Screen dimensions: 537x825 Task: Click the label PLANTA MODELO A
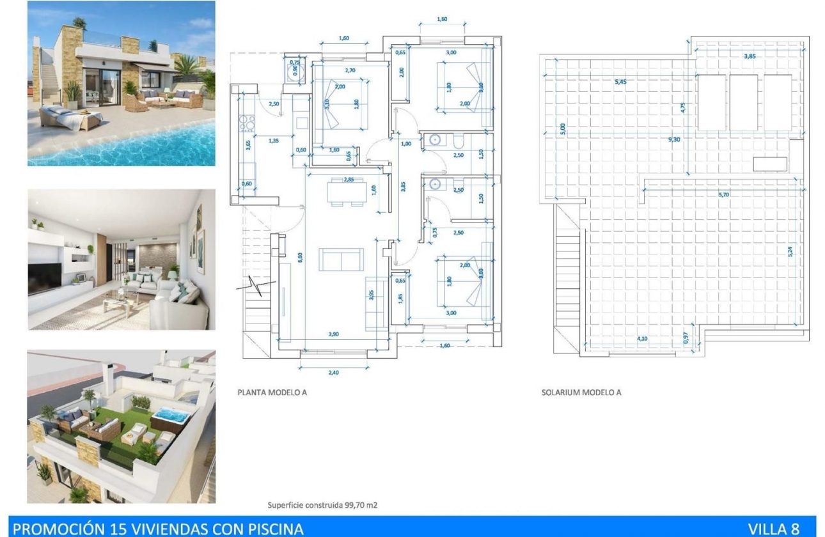(x=272, y=393)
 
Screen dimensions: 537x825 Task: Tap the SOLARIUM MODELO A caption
(x=581, y=393)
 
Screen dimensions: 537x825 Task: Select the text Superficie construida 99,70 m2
(x=322, y=505)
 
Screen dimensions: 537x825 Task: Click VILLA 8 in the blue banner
(x=773, y=529)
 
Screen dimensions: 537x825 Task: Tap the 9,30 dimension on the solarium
(x=673, y=139)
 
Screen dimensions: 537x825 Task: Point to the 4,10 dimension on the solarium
(x=641, y=339)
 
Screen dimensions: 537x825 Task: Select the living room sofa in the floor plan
(x=341, y=260)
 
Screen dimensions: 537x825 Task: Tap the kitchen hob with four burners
(x=247, y=123)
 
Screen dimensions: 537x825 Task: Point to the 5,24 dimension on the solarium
(x=790, y=251)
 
